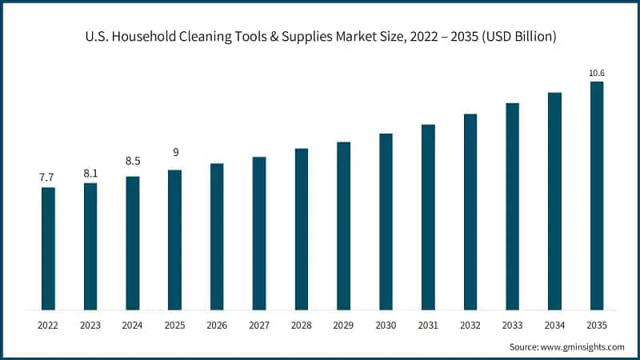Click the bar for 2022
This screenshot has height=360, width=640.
48,249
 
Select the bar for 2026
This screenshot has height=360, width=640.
217,237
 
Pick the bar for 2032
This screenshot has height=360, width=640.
470,212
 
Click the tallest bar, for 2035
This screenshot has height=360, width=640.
597,196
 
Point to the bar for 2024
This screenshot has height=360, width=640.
132,243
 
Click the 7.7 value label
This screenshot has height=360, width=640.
48,177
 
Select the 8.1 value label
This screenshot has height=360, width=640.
90,172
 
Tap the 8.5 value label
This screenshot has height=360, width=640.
132,161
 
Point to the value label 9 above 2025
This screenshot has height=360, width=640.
174,153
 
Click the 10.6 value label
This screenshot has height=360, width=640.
597,74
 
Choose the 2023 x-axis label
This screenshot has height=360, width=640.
90,325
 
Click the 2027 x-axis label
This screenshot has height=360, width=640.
259,325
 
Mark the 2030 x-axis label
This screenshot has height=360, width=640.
386,325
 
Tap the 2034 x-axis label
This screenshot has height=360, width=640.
554,325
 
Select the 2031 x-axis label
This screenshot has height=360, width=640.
428,325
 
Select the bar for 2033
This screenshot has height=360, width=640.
512,206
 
